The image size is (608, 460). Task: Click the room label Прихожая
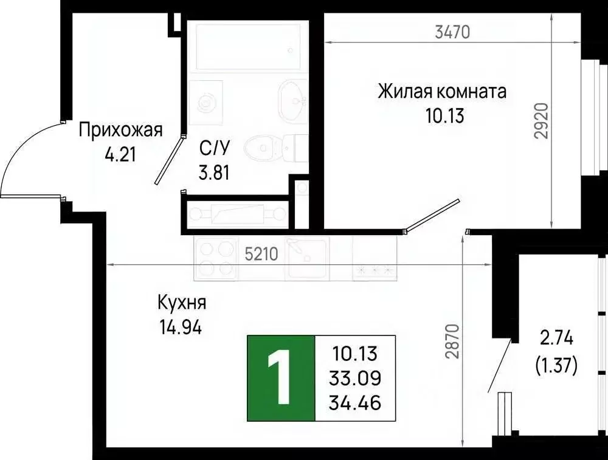click(121, 129)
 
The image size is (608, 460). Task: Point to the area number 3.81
click(214, 173)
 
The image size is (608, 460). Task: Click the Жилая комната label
click(442, 92)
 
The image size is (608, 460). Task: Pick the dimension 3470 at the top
click(452, 32)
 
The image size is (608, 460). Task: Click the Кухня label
click(182, 302)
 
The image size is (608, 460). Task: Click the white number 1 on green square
click(280, 378)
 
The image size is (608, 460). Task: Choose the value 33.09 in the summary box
click(356, 378)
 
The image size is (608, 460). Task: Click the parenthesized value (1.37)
click(556, 365)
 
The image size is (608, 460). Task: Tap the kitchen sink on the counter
click(308, 258)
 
